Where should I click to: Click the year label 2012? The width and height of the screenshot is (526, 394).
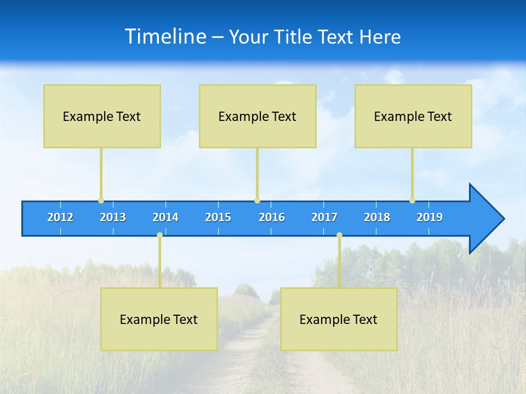(x=60, y=217)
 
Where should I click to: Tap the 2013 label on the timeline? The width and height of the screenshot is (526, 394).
(x=113, y=217)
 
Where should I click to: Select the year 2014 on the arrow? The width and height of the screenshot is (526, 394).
(x=165, y=217)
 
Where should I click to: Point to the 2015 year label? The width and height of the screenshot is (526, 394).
(x=218, y=217)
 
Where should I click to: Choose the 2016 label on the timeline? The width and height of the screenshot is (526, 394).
(x=272, y=217)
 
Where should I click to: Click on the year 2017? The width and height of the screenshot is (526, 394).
(x=324, y=217)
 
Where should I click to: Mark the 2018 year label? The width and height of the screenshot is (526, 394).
(x=377, y=217)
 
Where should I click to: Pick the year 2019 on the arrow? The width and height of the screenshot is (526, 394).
(x=430, y=217)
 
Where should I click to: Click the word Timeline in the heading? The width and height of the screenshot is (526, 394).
(x=165, y=37)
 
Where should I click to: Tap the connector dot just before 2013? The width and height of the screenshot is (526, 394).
(x=101, y=201)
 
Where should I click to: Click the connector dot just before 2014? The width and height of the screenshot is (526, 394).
(x=159, y=235)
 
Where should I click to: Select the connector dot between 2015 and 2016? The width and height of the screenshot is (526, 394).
(x=257, y=201)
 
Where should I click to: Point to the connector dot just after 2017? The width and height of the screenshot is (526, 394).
(x=339, y=235)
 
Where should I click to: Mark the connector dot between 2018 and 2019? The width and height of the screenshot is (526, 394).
(x=412, y=201)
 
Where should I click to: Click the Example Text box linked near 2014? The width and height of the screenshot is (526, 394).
(x=159, y=319)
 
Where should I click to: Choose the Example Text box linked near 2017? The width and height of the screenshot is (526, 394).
(x=339, y=319)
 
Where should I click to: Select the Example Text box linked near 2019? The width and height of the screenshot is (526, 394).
(x=413, y=116)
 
